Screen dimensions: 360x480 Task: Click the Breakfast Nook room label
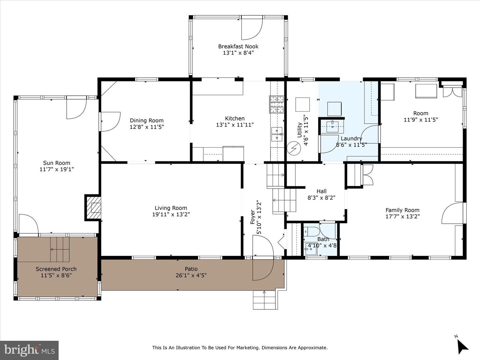coord(238,46)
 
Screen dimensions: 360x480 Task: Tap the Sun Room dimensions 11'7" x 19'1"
coord(57,169)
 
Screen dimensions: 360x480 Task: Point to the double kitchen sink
coord(277,134)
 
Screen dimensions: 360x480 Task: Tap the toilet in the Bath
coord(311,231)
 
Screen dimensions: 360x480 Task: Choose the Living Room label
coord(171,208)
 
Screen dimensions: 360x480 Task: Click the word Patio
coord(191,269)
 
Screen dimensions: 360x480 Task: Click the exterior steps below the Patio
coord(265,300)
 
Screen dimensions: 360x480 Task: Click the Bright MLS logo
coord(29,350)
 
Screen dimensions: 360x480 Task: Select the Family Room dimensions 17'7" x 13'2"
coord(402,216)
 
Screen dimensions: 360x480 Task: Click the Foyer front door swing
coord(263,247)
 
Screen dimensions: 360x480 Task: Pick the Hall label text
coord(321,191)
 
